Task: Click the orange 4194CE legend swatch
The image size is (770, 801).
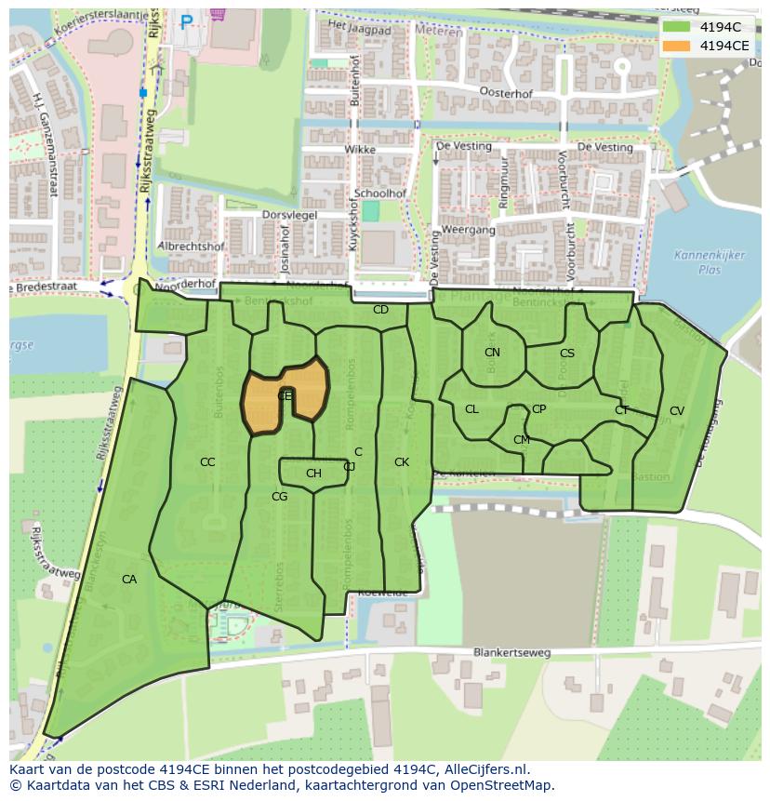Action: pyautogui.click(x=677, y=46)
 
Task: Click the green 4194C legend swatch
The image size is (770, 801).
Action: pyautogui.click(x=677, y=26)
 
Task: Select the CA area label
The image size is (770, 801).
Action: pyautogui.click(x=129, y=580)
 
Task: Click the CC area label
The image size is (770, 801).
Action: pyautogui.click(x=207, y=462)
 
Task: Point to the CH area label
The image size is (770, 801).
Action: pyautogui.click(x=313, y=474)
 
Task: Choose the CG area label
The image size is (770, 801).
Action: pyautogui.click(x=279, y=497)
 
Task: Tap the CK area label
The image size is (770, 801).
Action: pyautogui.click(x=402, y=462)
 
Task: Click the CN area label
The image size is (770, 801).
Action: pyautogui.click(x=492, y=353)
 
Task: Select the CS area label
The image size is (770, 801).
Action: pyautogui.click(x=566, y=354)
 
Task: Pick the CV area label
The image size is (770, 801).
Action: pyautogui.click(x=676, y=411)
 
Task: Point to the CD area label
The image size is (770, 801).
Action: pyautogui.click(x=380, y=310)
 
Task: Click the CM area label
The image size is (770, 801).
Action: pyautogui.click(x=521, y=440)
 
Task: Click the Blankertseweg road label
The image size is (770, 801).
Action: pyautogui.click(x=511, y=652)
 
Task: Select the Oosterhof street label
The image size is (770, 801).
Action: pyautogui.click(x=504, y=92)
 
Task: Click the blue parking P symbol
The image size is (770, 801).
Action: pyautogui.click(x=187, y=20)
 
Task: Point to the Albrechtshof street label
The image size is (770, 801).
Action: pyautogui.click(x=191, y=247)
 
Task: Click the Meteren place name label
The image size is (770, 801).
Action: pyautogui.click(x=444, y=31)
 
